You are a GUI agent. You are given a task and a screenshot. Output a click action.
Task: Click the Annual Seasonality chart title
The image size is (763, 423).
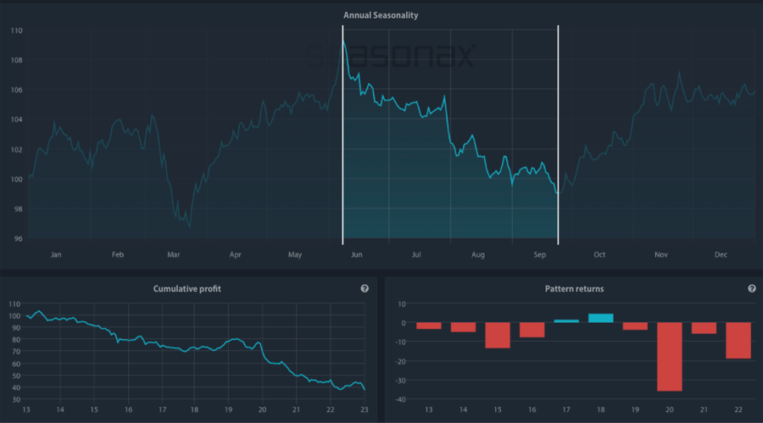381,15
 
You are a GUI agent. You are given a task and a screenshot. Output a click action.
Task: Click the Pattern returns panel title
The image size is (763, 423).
574,289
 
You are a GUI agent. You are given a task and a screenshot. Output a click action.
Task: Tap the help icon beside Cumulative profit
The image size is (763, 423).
365,289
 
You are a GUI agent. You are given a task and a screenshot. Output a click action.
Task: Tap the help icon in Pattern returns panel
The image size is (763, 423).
752,289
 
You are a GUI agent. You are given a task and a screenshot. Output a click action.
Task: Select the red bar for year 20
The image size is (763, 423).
670,356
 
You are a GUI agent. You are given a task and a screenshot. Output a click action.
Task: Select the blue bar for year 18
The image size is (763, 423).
601,318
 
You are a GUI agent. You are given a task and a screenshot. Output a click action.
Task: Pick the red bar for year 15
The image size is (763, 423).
498,335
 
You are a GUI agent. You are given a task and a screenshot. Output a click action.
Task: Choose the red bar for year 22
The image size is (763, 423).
738,340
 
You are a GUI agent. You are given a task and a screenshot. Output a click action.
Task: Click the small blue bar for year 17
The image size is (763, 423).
566,321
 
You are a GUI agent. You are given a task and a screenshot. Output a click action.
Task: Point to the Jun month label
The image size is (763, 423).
356,254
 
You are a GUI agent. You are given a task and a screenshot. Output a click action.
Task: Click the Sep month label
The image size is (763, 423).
539,254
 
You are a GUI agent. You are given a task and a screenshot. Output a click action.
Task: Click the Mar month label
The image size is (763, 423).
174,254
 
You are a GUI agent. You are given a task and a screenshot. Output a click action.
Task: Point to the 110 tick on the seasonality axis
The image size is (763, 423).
16,31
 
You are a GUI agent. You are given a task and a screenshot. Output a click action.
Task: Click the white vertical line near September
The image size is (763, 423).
558,136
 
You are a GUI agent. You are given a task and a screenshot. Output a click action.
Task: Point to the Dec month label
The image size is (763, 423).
722,254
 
